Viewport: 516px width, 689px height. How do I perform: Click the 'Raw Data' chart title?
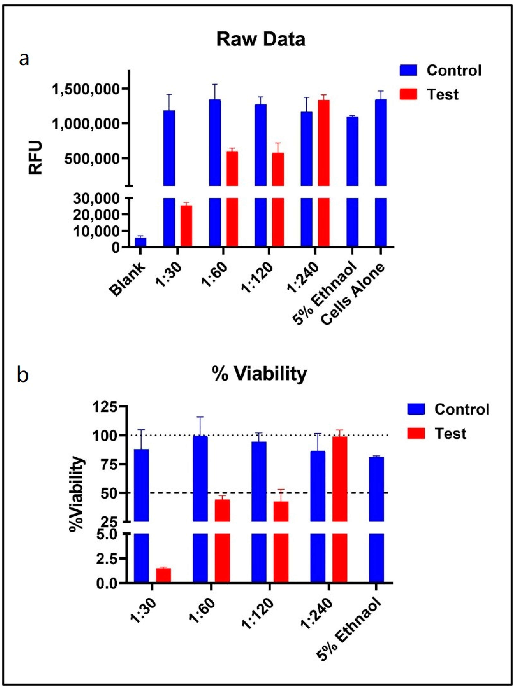261,40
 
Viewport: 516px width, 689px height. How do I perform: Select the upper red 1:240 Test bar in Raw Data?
324,143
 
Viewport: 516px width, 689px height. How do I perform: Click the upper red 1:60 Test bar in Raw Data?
232,168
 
